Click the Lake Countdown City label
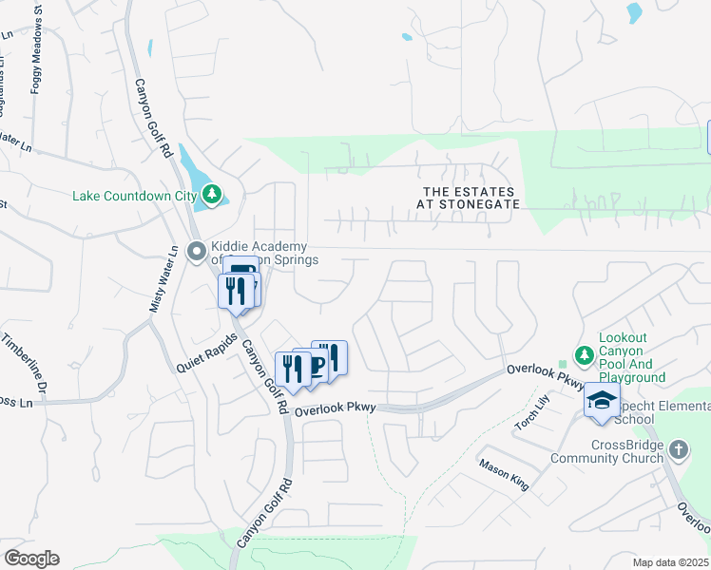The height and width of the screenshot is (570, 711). point(133,197)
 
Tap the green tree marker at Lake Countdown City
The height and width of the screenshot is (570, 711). point(210,196)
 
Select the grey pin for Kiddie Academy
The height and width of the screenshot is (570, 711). point(197,252)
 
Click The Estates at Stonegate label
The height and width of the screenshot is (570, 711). point(471,198)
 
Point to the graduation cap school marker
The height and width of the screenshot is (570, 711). point(602,401)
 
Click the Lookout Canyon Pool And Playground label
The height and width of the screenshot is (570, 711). point(631,357)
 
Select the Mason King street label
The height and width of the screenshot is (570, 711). point(504,475)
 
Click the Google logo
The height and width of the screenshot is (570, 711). point(31,559)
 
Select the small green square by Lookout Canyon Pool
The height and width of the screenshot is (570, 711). point(563,362)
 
